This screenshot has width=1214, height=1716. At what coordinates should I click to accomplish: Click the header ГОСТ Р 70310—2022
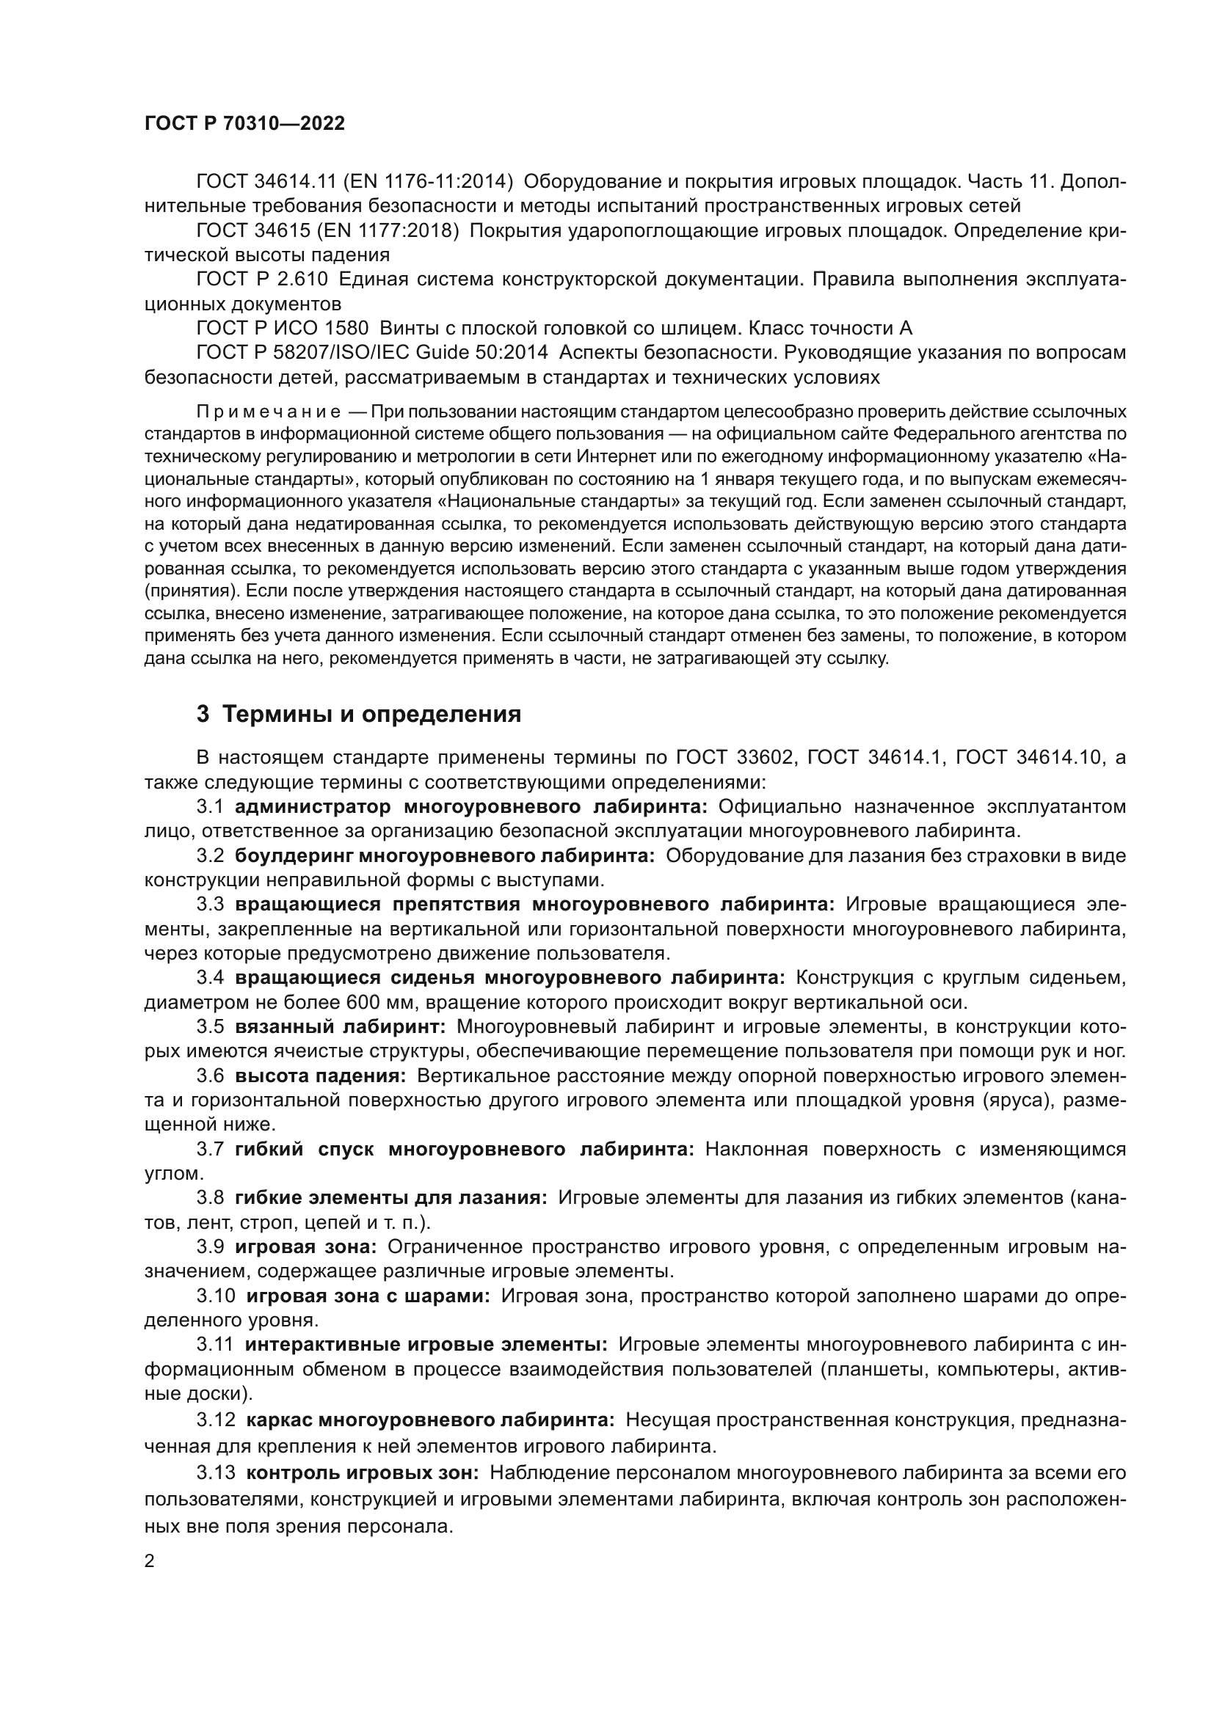coord(244,124)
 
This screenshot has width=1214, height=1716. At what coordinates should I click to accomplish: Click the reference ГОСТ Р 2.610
coord(261,280)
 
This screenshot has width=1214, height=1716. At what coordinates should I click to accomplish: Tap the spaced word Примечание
coord(269,412)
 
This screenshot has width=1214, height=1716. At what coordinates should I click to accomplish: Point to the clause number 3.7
coord(210,1150)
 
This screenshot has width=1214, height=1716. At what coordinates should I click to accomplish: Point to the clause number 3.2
coord(210,855)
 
